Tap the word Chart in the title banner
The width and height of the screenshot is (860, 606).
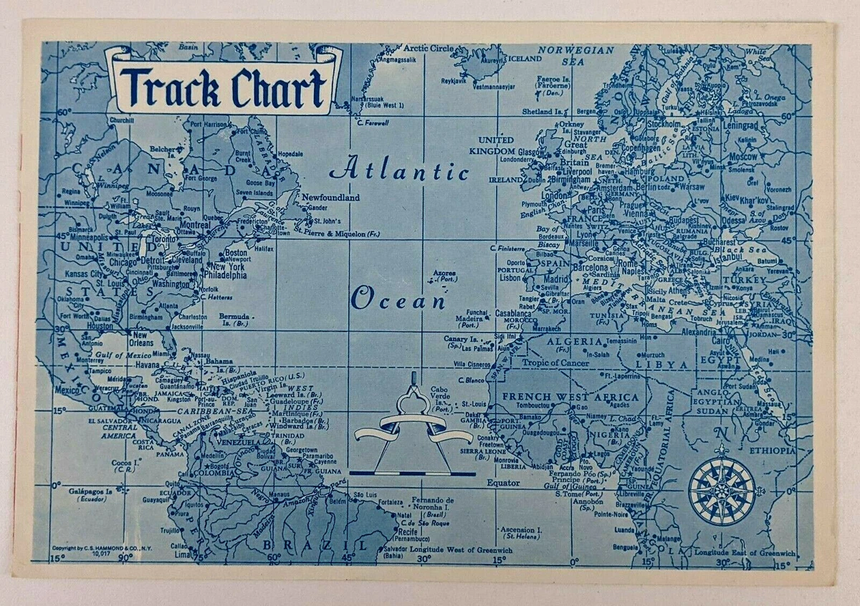[277, 87]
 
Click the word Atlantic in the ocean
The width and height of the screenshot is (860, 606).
[399, 170]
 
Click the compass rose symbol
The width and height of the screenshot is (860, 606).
[721, 491]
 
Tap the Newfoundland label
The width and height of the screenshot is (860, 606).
[330, 197]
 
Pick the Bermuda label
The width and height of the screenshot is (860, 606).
[235, 316]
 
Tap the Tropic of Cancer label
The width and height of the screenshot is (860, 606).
[555, 363]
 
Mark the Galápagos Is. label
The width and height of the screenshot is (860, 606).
[88, 493]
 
